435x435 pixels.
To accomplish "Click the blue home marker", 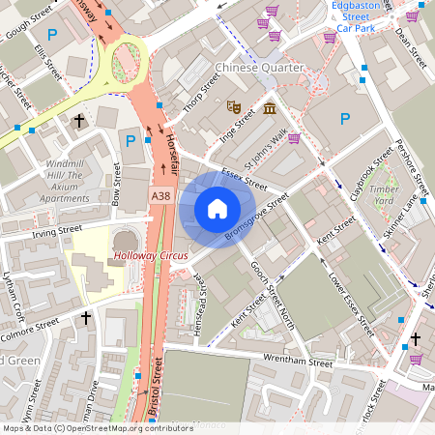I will pyautogui.click(x=217, y=209).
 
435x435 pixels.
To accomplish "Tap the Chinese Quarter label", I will pyautogui.click(x=259, y=68).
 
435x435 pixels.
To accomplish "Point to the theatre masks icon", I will pyautogui.click(x=233, y=105).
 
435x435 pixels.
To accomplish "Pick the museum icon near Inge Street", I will pyautogui.click(x=269, y=105).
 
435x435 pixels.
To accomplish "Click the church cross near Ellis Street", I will pyautogui.click(x=79, y=121).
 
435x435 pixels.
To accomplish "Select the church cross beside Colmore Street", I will pyautogui.click(x=85, y=317).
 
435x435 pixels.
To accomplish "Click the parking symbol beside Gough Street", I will pyautogui.click(x=54, y=34).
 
